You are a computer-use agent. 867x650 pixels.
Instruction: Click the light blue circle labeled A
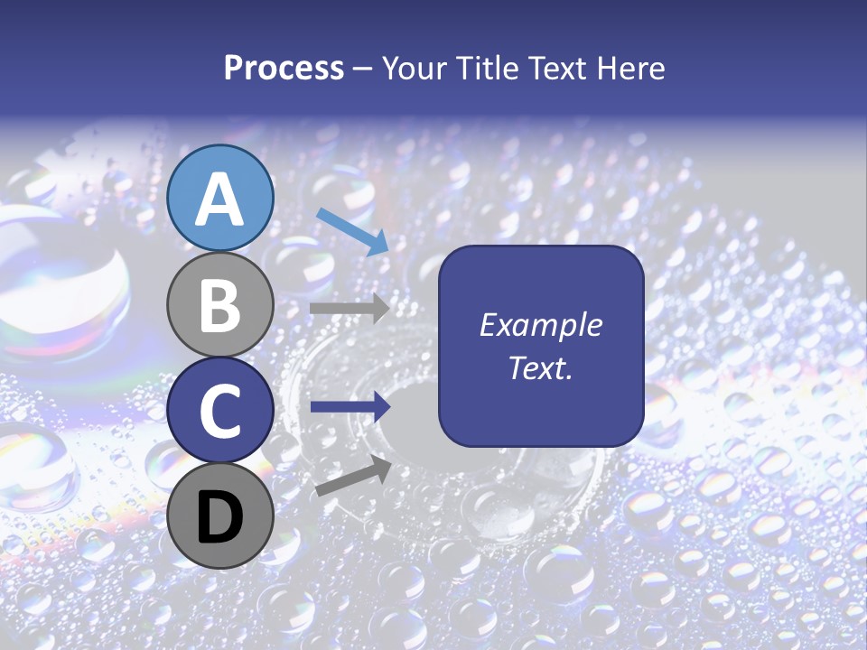click(x=220, y=198)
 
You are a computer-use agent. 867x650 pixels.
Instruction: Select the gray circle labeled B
click(x=220, y=305)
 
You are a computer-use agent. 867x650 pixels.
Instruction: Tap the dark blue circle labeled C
click(x=220, y=411)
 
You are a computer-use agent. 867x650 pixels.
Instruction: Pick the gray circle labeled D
click(x=220, y=515)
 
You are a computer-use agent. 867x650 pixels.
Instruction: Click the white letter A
click(x=220, y=199)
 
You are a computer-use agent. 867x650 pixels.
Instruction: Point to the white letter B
click(x=220, y=305)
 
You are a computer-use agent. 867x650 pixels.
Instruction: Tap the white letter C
click(x=220, y=411)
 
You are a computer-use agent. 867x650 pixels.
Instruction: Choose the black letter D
click(x=220, y=516)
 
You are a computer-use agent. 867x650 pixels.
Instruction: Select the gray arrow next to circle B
click(x=350, y=308)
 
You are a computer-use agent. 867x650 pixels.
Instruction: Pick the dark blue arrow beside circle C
click(x=350, y=406)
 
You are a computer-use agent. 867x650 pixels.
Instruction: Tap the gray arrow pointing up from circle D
click(x=353, y=476)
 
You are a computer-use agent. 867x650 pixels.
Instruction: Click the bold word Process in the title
click(x=284, y=69)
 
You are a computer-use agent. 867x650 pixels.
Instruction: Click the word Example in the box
click(x=541, y=325)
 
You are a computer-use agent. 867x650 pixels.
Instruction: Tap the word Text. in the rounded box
click(x=541, y=368)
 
